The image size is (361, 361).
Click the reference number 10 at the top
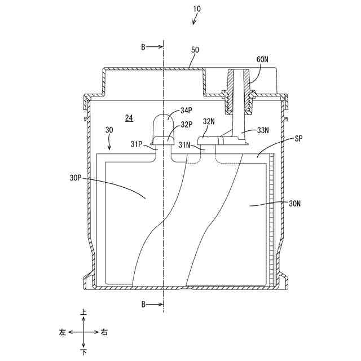click(x=196, y=10)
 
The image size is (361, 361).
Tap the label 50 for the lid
click(x=195, y=50)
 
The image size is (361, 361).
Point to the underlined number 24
click(x=129, y=118)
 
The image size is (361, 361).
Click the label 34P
click(x=186, y=110)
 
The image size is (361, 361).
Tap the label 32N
click(x=209, y=121)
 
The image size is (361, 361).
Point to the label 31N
click(x=184, y=145)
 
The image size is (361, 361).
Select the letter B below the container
click(x=144, y=305)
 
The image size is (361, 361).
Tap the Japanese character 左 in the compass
click(x=62, y=332)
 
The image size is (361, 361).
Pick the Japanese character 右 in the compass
click(x=104, y=332)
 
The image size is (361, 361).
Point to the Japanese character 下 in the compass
click(x=84, y=353)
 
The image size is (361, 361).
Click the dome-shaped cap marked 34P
click(x=164, y=123)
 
